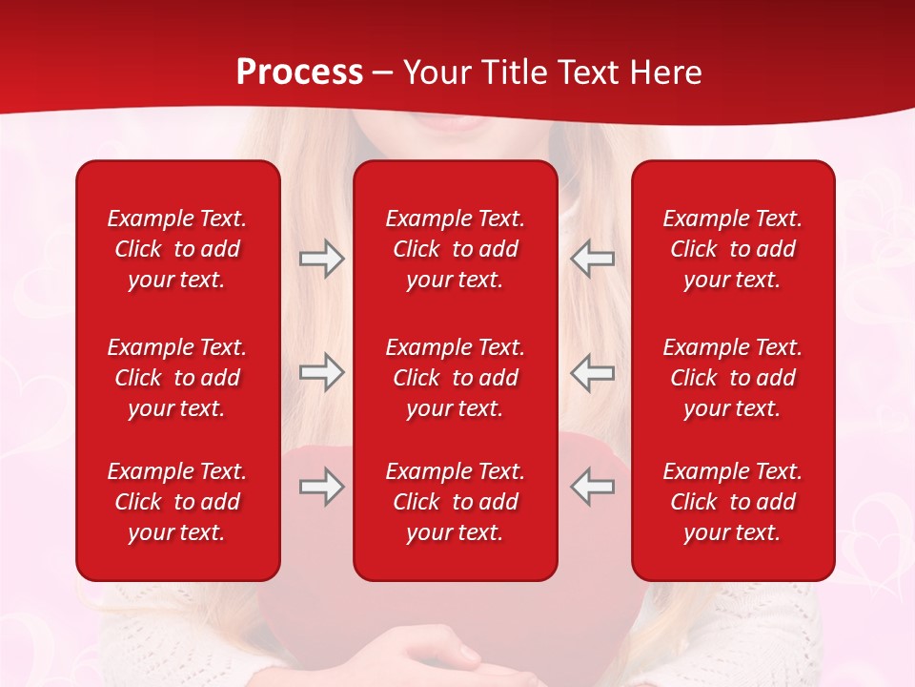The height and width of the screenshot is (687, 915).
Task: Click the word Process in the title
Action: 299,73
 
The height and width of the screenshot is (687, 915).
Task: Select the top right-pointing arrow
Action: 322,259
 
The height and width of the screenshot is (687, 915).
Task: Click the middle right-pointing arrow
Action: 322,372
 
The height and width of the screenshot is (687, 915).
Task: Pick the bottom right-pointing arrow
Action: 322,487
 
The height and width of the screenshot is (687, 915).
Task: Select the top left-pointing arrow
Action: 592,259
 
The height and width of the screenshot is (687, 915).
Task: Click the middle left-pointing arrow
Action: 592,372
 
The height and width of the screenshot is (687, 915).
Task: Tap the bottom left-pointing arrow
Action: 592,487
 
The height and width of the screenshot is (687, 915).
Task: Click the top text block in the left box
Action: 177,249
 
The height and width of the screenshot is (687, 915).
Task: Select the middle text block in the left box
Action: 177,378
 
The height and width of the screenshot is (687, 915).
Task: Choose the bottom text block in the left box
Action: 177,502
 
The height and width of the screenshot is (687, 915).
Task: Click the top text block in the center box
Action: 455,249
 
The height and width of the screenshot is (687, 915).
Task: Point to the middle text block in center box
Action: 455,378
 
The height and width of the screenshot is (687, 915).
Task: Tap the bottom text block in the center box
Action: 455,502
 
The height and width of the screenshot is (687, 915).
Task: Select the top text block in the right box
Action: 732,249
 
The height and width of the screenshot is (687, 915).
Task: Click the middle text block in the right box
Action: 732,378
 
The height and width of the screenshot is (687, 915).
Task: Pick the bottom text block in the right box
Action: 732,502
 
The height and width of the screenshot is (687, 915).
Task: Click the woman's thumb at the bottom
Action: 465,655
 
